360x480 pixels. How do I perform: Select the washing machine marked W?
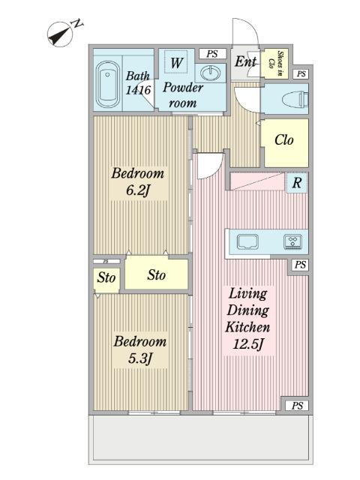(175, 62)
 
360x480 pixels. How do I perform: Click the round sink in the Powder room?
(210, 73)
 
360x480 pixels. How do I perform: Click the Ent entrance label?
(245, 61)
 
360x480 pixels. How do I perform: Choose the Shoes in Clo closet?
(276, 64)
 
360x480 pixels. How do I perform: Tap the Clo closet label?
(284, 140)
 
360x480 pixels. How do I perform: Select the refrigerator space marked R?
(297, 183)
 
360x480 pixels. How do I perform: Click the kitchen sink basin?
(248, 241)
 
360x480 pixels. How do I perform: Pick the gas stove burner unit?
(293, 241)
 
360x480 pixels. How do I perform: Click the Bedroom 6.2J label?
(138, 181)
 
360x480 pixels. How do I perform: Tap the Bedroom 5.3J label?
(140, 350)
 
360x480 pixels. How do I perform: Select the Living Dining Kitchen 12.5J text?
(247, 319)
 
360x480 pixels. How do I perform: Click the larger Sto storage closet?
(157, 274)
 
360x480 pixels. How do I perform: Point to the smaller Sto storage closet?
(106, 278)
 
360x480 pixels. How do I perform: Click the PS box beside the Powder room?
(212, 54)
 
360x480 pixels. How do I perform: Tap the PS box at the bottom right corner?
(297, 406)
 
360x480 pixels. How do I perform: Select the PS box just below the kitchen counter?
(300, 265)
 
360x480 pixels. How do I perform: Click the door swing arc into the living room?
(214, 170)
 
